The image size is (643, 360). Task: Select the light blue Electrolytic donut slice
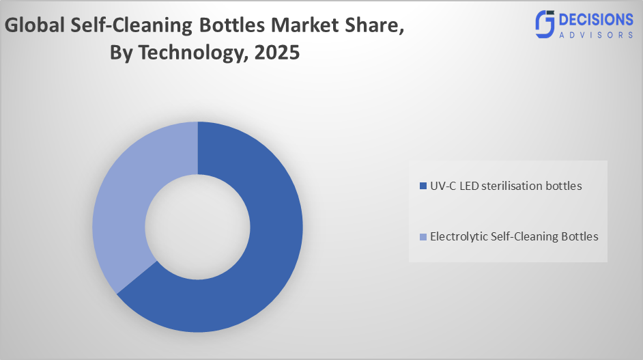tap(119, 205)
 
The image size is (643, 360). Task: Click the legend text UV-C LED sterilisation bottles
tap(505, 186)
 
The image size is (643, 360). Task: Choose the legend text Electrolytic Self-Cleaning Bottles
tap(513, 236)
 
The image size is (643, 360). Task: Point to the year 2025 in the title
tap(276, 53)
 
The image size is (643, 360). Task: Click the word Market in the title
tap(298, 27)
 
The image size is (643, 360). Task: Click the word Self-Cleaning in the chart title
tap(129, 27)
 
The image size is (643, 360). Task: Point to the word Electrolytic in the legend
tap(457, 236)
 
